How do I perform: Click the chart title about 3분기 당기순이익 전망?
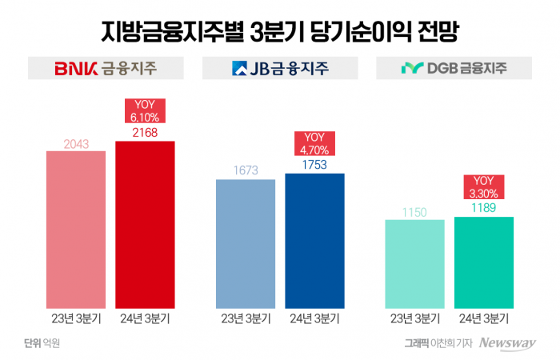[x=279, y=30]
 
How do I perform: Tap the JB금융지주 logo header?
[x=279, y=68]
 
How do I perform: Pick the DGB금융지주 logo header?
[x=454, y=68]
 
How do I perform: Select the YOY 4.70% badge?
[x=314, y=143]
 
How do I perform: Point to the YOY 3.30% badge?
[x=484, y=186]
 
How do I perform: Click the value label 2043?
[x=76, y=144]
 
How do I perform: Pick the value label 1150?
[x=414, y=212]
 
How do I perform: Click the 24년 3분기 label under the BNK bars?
[x=145, y=318]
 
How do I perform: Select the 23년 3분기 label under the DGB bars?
[x=414, y=318]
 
